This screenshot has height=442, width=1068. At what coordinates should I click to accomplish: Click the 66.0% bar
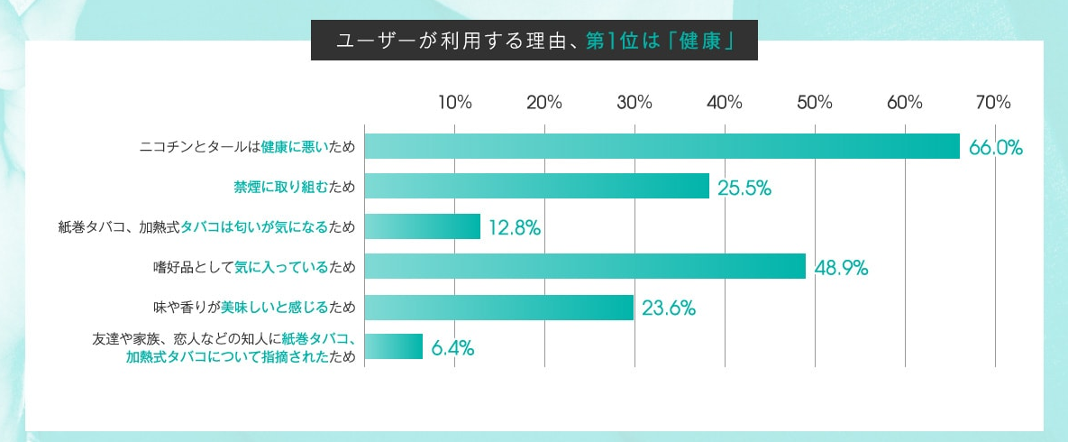click(662, 146)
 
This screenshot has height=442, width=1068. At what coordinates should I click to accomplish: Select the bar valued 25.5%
click(537, 187)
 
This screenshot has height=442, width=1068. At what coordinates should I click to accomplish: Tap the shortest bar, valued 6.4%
click(394, 346)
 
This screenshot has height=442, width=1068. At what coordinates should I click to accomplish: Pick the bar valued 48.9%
click(585, 266)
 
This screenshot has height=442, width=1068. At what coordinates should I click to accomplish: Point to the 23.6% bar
click(499, 307)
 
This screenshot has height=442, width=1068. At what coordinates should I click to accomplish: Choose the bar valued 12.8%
click(423, 226)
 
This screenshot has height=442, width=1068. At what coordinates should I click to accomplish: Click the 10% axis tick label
click(454, 102)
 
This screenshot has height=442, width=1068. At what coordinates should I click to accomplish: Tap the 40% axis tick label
click(725, 102)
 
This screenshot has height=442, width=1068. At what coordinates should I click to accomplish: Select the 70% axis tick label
click(993, 102)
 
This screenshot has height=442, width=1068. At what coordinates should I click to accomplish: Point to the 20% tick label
click(544, 102)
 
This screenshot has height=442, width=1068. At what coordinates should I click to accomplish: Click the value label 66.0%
click(995, 147)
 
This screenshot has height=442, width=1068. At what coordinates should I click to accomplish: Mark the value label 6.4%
click(452, 347)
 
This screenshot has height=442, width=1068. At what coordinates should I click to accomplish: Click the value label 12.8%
click(514, 227)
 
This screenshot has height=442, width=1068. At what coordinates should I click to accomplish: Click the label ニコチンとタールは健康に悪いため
click(248, 147)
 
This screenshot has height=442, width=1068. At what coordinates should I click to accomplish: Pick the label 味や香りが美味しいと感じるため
click(254, 308)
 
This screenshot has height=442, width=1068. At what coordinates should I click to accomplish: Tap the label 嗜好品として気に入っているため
click(254, 267)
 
